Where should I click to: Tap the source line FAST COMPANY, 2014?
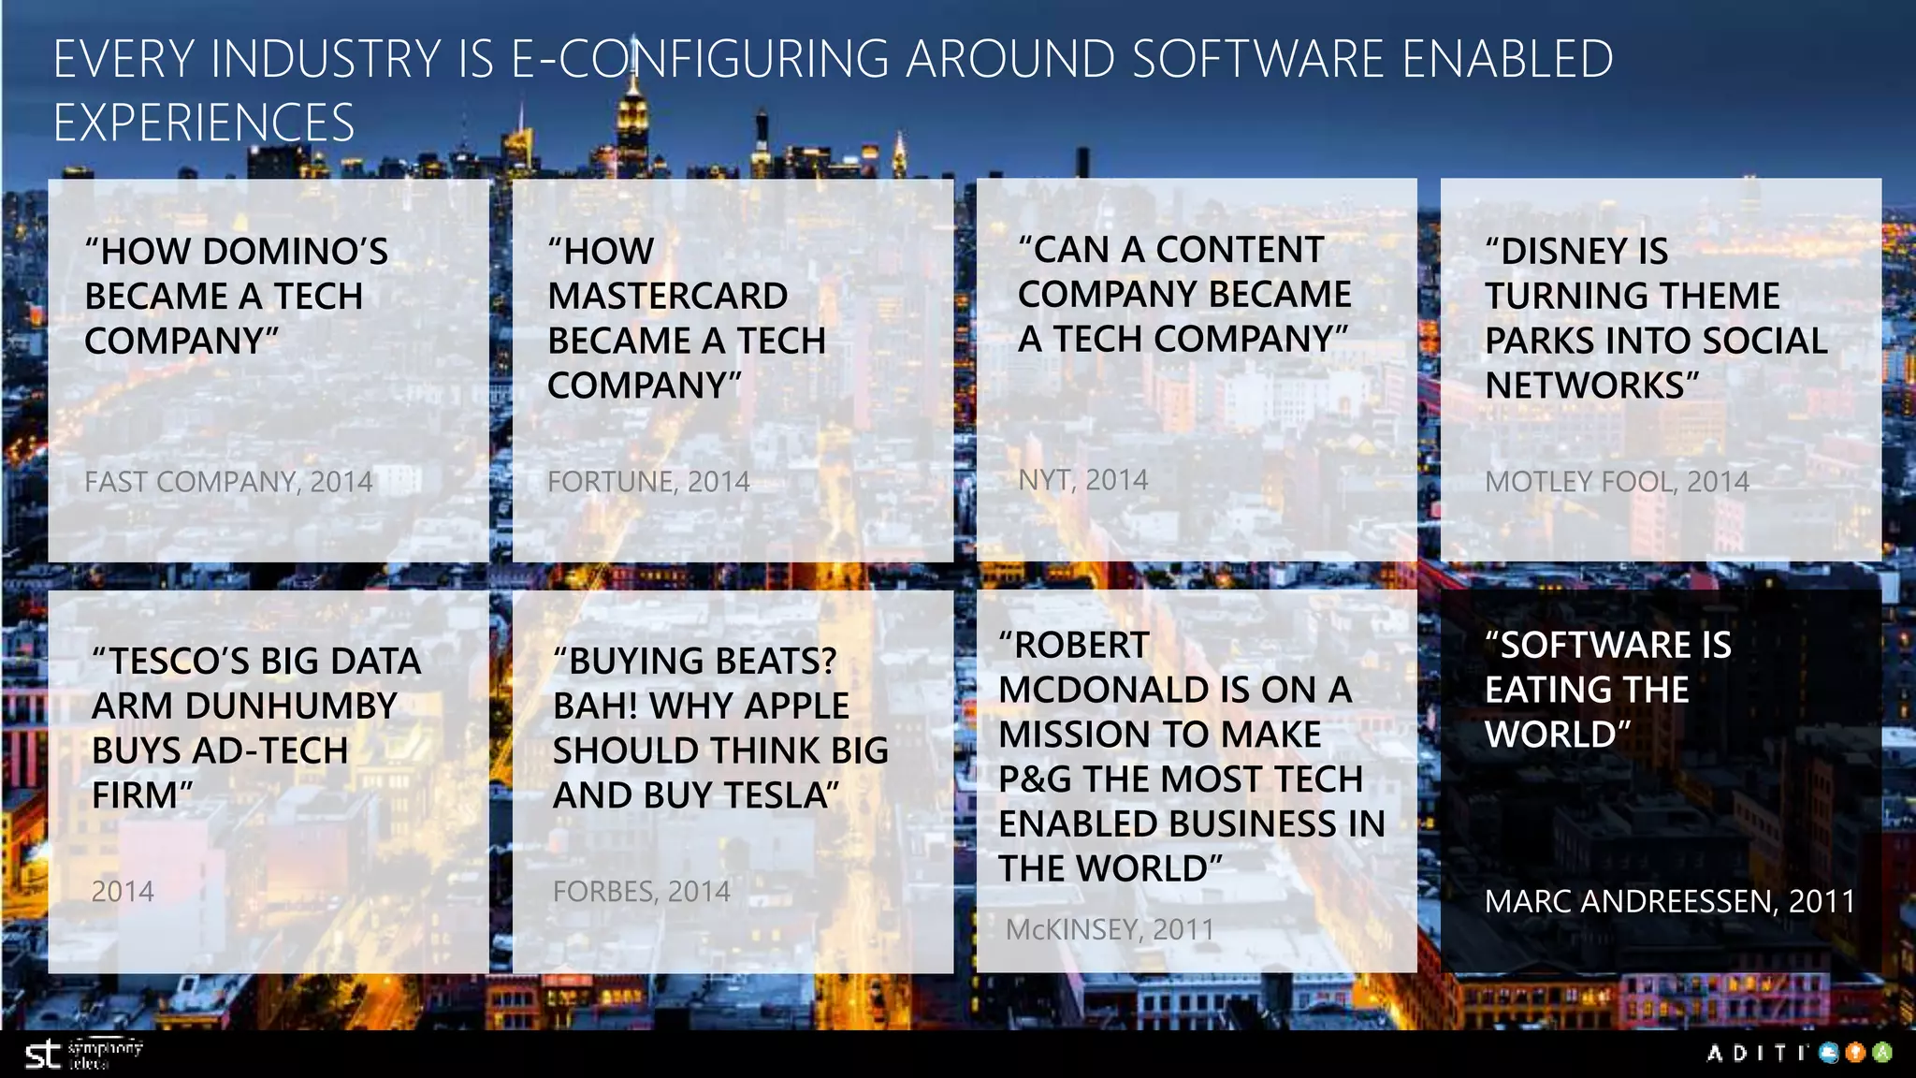click(x=228, y=482)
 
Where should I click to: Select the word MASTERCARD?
click(x=667, y=297)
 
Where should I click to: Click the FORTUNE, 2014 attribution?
click(x=648, y=482)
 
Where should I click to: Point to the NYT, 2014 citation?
click(x=1082, y=480)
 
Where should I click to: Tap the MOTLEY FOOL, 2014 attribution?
click(x=1617, y=482)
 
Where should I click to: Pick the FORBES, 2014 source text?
click(x=641, y=892)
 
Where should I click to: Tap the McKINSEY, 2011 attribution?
click(x=1110, y=930)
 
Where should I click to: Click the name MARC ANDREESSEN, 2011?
click(x=1669, y=901)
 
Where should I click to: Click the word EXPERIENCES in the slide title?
click(x=204, y=124)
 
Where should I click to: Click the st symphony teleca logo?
click(x=82, y=1055)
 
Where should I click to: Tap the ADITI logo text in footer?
click(x=1756, y=1054)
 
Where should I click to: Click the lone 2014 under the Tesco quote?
click(x=123, y=892)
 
